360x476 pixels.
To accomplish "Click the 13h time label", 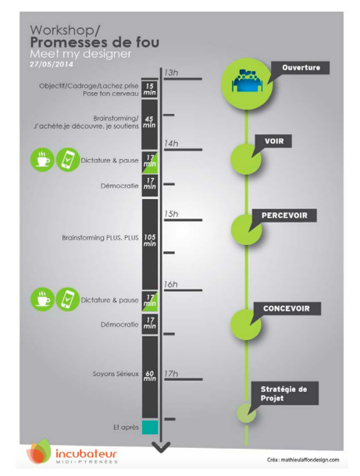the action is [171, 73].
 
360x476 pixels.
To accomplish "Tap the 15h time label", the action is [171, 214].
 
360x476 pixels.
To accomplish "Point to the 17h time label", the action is [171, 374].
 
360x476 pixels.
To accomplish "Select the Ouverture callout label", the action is [301, 67].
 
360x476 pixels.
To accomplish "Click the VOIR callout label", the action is [274, 141].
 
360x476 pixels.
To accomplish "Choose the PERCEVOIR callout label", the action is [285, 215].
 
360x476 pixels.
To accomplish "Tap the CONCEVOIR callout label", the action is [287, 309].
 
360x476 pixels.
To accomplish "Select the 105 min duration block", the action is [150, 244].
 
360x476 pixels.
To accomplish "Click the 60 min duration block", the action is [150, 377].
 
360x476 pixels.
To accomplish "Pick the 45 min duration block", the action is [149, 125].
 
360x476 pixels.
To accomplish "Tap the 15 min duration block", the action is [149, 89].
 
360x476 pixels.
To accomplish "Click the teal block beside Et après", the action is [150, 427].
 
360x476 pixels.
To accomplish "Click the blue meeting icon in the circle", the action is [247, 80].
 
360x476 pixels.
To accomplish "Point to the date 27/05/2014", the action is [52, 64].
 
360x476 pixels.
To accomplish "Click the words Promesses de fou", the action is [94, 42].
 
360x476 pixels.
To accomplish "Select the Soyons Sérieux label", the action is [116, 374].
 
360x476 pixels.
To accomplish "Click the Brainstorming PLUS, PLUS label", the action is [100, 238].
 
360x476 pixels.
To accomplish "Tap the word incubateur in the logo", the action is [86, 454].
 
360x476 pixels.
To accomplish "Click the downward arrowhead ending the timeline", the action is [161, 447].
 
